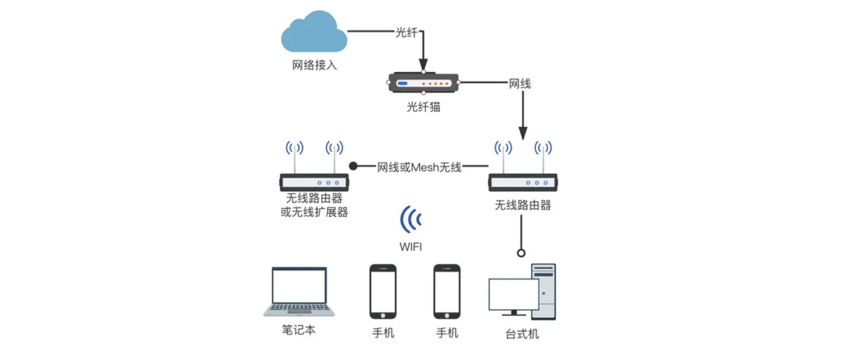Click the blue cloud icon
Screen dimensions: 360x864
[314, 35]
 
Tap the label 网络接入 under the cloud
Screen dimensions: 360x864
[314, 65]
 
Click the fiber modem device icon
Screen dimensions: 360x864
[423, 83]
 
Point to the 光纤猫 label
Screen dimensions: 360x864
[423, 108]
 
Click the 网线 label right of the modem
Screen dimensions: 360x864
[520, 84]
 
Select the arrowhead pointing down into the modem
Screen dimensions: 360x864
[423, 64]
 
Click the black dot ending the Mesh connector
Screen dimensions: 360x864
[353, 165]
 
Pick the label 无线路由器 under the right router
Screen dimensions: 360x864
[523, 206]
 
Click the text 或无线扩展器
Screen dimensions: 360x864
[314, 212]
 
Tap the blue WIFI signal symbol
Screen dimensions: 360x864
[411, 220]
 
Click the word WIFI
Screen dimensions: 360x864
[411, 247]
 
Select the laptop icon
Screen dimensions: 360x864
[299, 292]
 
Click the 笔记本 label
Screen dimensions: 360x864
[299, 330]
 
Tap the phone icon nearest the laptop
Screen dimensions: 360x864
[383, 292]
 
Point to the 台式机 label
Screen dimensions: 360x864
[522, 334]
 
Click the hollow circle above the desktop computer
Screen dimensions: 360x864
[521, 253]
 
